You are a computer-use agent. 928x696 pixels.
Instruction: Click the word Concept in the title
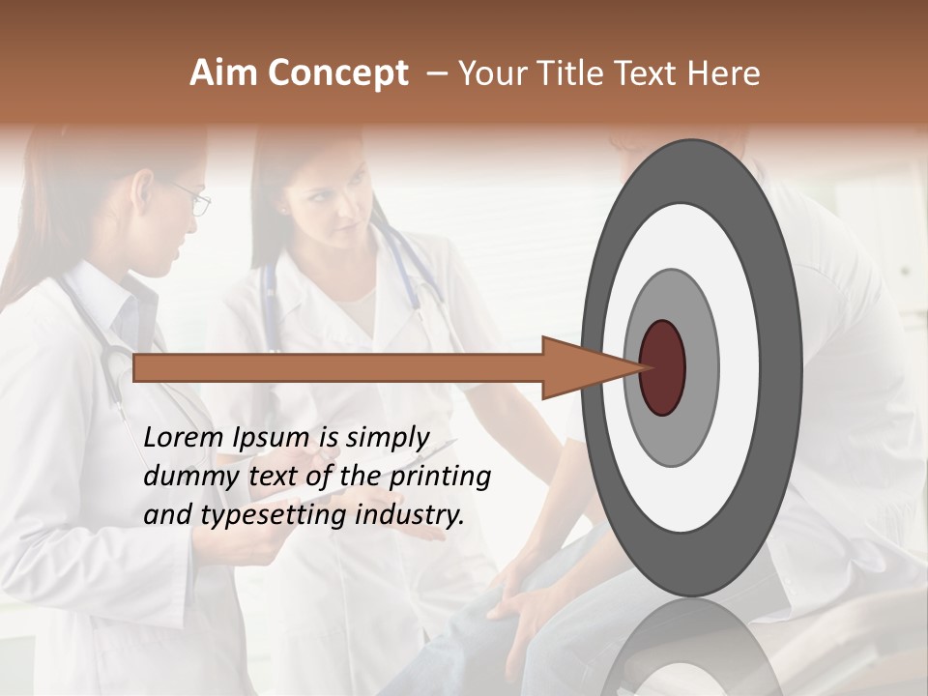tap(337, 73)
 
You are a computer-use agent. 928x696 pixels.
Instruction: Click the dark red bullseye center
tap(662, 367)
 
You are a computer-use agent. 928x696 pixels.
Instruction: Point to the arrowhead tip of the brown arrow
tap(642, 367)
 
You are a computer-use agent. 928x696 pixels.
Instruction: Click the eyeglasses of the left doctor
tap(194, 199)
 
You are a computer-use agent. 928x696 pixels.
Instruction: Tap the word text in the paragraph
tap(271, 477)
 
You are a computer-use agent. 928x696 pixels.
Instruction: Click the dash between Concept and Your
tap(436, 73)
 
